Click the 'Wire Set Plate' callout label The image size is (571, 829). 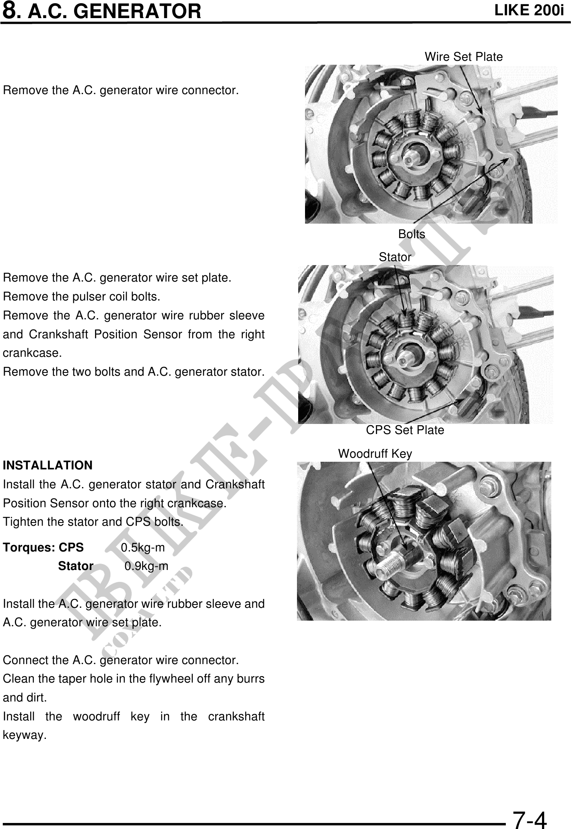click(464, 57)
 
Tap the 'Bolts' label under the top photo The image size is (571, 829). click(411, 234)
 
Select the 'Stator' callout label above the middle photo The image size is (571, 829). click(395, 257)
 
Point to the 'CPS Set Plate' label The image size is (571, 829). click(405, 430)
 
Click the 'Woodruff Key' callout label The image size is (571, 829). click(375, 454)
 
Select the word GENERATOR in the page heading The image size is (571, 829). click(138, 11)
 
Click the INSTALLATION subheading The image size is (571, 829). click(47, 465)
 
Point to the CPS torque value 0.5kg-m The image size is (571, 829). click(143, 547)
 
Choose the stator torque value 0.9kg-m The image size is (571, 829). click(146, 566)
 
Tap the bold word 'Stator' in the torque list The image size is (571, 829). click(76, 566)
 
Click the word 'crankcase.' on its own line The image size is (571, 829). click(32, 353)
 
